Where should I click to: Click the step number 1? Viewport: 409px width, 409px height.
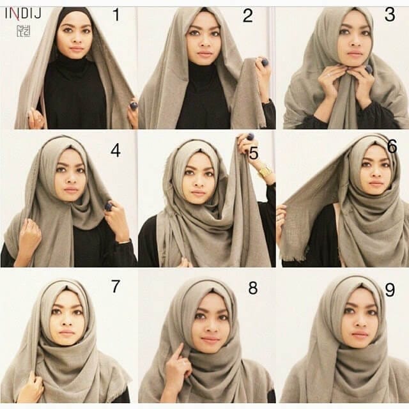(x=116, y=15)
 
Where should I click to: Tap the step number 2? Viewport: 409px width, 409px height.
(x=247, y=17)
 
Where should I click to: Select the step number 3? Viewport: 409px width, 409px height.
(x=389, y=15)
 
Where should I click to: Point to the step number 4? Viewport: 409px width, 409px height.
(x=115, y=151)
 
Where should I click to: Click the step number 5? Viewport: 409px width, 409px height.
(x=253, y=153)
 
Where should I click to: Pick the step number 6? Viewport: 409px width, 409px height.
(x=391, y=147)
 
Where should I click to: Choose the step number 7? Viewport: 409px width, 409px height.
(x=115, y=287)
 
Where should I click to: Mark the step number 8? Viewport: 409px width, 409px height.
(x=252, y=289)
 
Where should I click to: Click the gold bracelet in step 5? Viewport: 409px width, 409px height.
(x=265, y=171)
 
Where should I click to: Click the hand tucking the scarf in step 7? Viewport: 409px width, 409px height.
(x=31, y=385)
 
